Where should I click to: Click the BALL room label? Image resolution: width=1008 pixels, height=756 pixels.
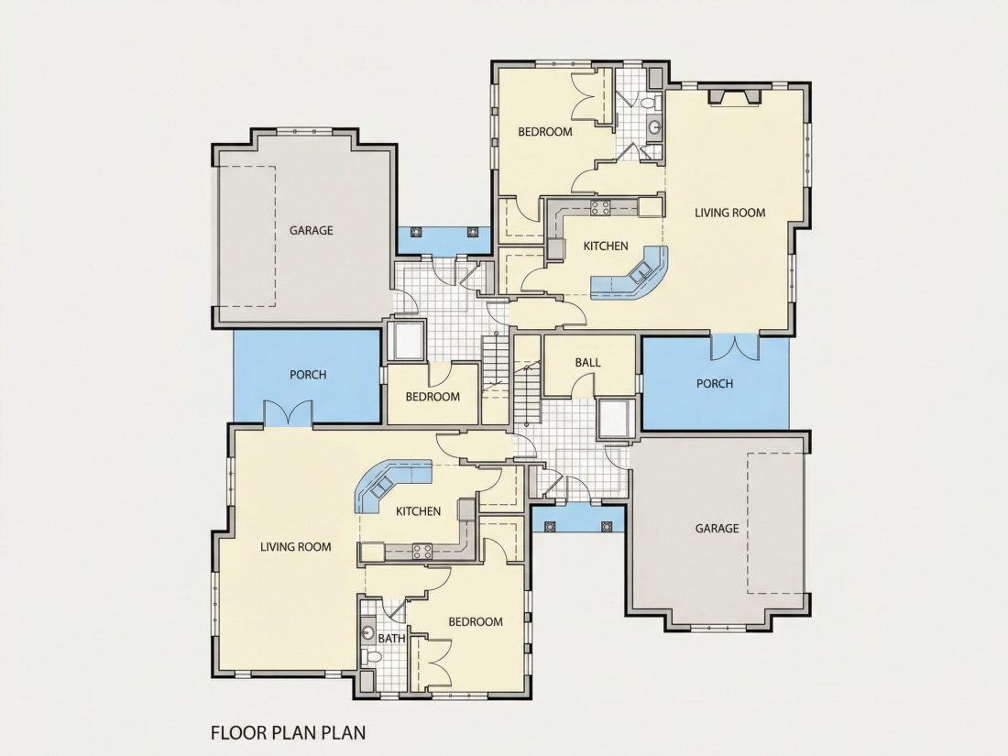(x=587, y=363)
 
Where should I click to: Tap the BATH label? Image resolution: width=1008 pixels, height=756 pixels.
(x=391, y=639)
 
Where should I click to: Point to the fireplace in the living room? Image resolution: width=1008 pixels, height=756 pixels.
(x=734, y=96)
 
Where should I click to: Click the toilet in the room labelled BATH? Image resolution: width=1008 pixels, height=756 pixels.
(x=371, y=656)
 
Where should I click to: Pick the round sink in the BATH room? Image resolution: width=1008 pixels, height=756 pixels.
(x=367, y=631)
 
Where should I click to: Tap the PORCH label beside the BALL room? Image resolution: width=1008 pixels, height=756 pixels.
(x=715, y=384)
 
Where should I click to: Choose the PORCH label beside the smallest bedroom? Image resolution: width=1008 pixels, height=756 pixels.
(x=308, y=375)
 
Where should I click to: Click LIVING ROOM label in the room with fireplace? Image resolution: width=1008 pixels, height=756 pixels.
(x=730, y=213)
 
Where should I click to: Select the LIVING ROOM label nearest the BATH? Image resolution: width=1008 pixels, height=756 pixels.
(x=296, y=547)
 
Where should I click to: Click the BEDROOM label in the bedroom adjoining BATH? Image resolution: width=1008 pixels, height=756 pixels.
(x=476, y=621)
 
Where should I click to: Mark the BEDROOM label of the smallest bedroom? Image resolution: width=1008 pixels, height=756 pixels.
(x=433, y=397)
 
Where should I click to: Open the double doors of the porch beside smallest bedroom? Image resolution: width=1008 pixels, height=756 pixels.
(x=289, y=413)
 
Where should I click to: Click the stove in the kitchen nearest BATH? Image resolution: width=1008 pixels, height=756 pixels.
(x=422, y=551)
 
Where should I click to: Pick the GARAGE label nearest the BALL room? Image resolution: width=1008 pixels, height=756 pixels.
(x=717, y=529)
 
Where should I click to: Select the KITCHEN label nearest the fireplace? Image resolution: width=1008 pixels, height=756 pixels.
(x=606, y=247)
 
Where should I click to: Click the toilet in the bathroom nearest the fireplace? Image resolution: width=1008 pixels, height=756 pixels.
(x=648, y=103)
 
